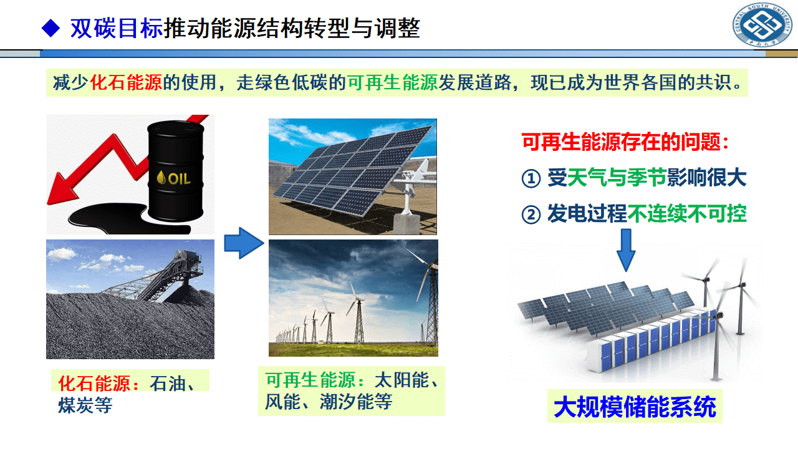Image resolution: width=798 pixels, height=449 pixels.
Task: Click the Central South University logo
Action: tap(762, 24)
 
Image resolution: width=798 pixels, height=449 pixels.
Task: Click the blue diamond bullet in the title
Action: tap(50, 28)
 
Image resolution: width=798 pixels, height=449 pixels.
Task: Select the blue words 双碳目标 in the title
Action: tap(117, 28)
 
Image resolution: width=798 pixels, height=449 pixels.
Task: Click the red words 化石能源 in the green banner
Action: tap(126, 83)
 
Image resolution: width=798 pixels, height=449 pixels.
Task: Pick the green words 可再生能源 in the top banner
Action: tap(392, 83)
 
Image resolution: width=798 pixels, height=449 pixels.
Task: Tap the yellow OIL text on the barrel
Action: tap(174, 178)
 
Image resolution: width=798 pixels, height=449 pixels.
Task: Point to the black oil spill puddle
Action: tap(125, 218)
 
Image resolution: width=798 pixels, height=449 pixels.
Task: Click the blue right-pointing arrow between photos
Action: tap(244, 243)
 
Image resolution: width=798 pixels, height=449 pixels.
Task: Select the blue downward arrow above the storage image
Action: tap(626, 250)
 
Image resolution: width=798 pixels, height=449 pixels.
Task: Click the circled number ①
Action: tap(531, 178)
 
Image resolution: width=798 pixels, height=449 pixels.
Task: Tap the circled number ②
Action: tap(531, 215)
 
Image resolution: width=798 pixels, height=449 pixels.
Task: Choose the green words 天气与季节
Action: tap(617, 178)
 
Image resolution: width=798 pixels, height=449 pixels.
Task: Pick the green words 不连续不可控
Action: tap(686, 214)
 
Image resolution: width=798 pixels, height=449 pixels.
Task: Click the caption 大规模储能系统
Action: tap(635, 407)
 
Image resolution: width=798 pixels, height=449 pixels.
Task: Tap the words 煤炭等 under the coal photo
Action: tap(85, 405)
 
